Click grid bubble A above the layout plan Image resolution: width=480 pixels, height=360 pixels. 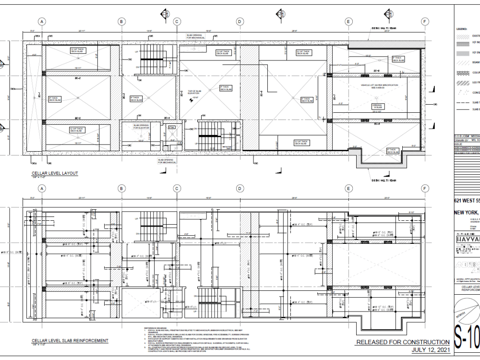pos(42,22)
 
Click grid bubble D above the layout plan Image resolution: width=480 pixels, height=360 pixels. pos(239,22)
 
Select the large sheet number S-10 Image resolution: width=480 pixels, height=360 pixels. pos(467,342)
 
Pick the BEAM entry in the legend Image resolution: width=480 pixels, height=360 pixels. pos(476,62)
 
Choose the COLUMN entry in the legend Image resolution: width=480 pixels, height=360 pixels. pos(476,73)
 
